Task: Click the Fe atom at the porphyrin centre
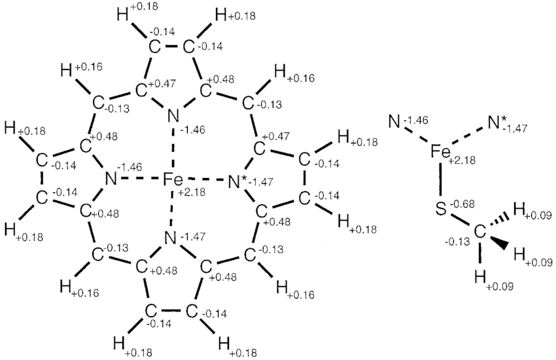point(173,180)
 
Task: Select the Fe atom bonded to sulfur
point(440,152)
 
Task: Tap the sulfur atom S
point(441,209)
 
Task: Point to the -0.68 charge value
point(462,205)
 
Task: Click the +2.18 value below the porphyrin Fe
point(191,192)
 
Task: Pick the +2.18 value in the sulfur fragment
point(461,160)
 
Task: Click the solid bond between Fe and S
point(441,179)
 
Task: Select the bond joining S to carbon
point(460,221)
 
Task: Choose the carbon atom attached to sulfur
point(479,232)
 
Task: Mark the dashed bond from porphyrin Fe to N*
point(206,180)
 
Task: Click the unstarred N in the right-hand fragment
point(394,122)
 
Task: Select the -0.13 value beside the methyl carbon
point(457,242)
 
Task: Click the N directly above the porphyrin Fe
point(173,116)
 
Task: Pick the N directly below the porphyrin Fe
point(171,238)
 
